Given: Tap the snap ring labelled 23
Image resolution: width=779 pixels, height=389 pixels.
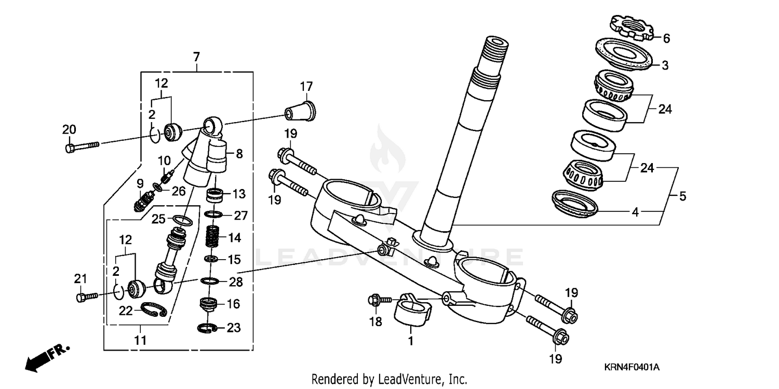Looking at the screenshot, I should coord(209,327).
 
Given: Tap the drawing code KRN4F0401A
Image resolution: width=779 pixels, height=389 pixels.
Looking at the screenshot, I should coord(631,367).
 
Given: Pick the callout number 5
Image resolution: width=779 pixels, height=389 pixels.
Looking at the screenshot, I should coord(683,196).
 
